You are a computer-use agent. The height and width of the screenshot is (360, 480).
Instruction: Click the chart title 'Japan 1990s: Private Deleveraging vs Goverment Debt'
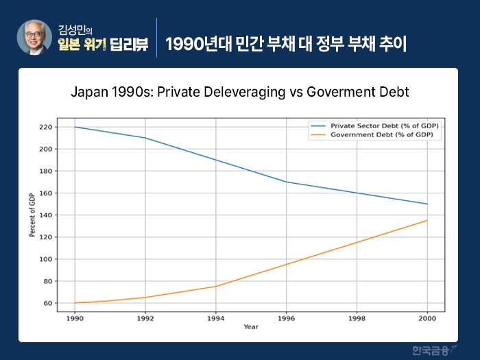pyautogui.click(x=240, y=91)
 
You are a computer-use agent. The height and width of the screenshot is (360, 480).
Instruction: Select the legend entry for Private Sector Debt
pyautogui.click(x=384, y=126)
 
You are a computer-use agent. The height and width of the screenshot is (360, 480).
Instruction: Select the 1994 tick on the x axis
pyautogui.click(x=215, y=319)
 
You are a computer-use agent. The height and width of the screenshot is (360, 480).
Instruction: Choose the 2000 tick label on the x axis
pyautogui.click(x=427, y=319)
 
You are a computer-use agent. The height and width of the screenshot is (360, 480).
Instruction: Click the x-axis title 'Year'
pyautogui.click(x=251, y=327)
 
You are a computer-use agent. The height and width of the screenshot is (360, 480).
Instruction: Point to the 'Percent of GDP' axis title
pyautogui.click(x=32, y=215)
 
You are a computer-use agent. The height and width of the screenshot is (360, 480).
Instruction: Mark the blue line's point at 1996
pyautogui.click(x=286, y=182)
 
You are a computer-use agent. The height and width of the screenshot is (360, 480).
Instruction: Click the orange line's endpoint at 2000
pyautogui.click(x=427, y=220)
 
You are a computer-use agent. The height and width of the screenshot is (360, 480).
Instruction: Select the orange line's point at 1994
pyautogui.click(x=215, y=287)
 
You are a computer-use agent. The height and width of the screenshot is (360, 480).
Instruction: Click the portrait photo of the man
pyautogui.click(x=35, y=37)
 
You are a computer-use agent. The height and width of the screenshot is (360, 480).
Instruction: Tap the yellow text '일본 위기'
pyautogui.click(x=81, y=45)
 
